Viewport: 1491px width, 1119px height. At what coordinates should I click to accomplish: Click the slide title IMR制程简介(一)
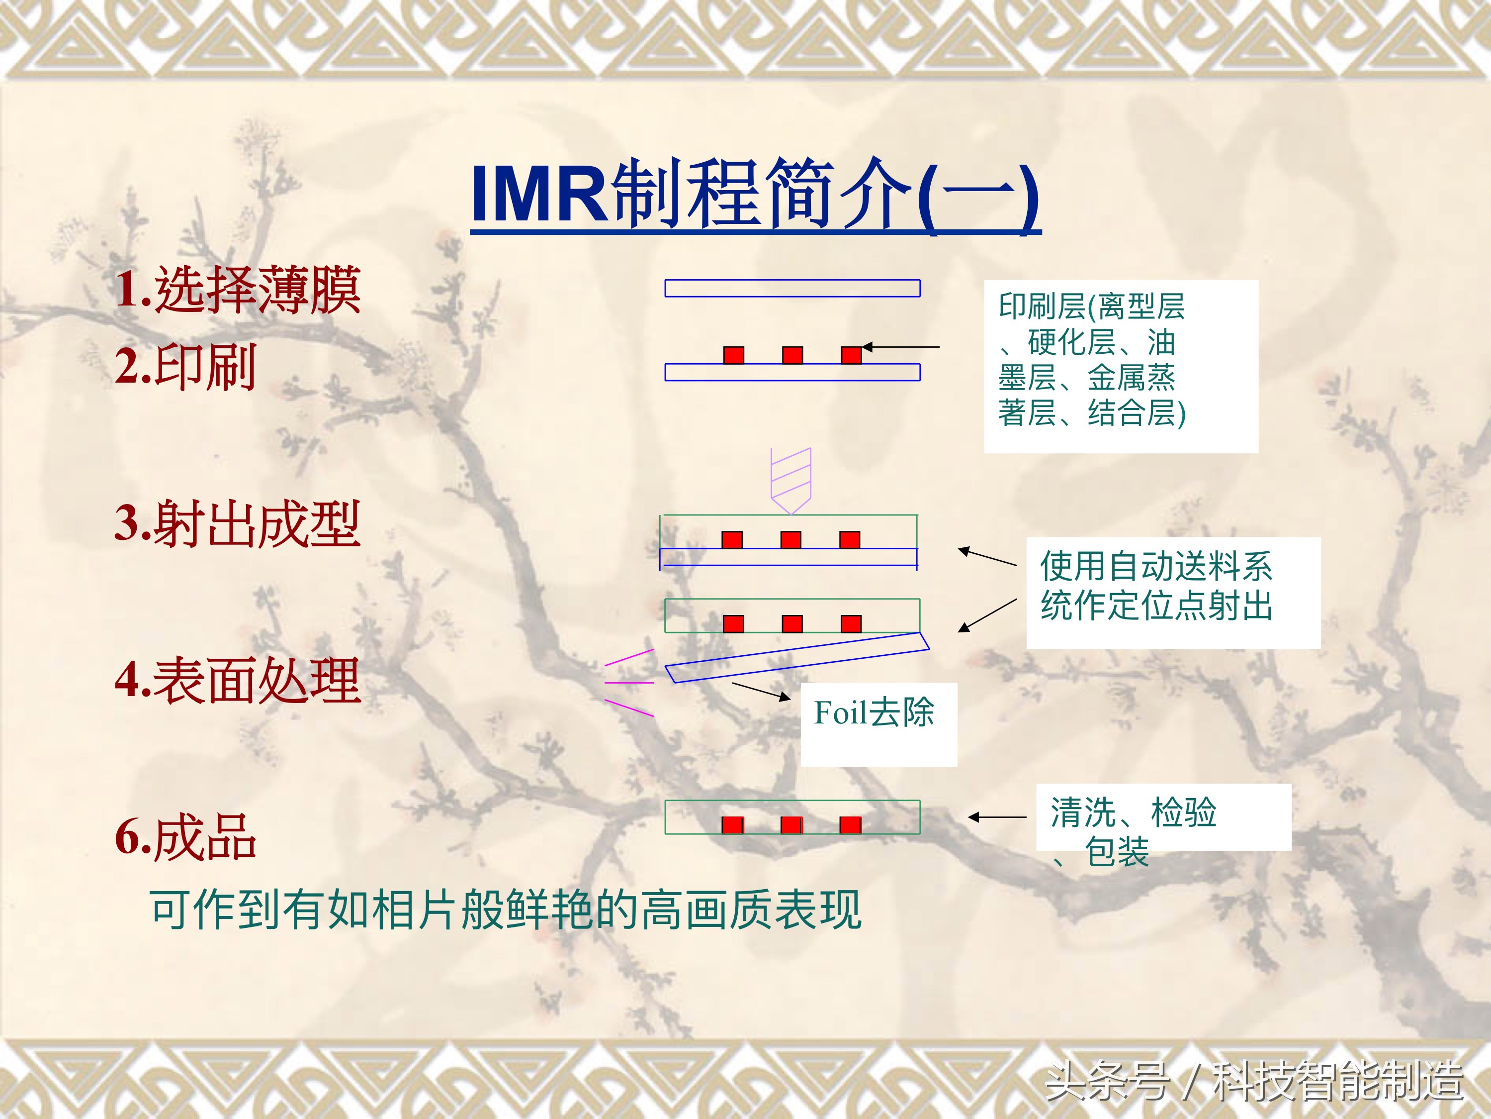coord(756,196)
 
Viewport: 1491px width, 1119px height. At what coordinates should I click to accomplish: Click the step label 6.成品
coord(185,836)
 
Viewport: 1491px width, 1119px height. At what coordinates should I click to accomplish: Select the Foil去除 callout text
coord(874,712)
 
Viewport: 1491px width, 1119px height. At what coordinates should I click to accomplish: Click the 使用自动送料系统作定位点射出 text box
coord(1173,593)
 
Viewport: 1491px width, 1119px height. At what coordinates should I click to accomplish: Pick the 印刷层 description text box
coord(1121,366)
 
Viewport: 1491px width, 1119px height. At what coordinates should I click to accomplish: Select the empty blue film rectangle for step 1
coord(792,288)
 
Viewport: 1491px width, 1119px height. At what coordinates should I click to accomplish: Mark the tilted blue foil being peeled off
coord(797,658)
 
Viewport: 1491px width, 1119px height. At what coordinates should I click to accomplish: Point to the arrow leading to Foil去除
coord(761,692)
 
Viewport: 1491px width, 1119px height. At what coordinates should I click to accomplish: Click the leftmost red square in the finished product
coord(733,825)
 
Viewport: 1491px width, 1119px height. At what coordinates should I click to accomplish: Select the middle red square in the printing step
coord(792,355)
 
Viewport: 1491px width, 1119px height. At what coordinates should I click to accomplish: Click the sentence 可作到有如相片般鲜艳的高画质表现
coord(506,910)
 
